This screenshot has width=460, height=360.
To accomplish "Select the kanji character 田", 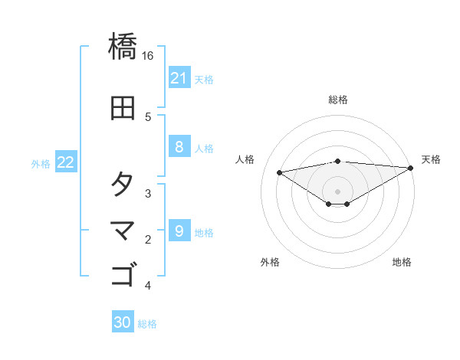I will click(x=123, y=108).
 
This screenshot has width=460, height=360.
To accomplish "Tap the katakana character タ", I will click(x=123, y=184).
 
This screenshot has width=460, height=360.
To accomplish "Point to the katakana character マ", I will click(x=123, y=229).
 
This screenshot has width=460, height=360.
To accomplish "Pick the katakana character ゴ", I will click(x=123, y=274).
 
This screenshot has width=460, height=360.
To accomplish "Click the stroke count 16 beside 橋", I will click(x=148, y=56).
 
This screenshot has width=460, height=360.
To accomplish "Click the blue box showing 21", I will click(x=179, y=78).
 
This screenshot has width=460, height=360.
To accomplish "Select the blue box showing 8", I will click(x=179, y=147).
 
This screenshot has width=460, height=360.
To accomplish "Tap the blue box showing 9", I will click(x=179, y=231).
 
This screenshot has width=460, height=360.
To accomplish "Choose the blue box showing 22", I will click(x=66, y=162).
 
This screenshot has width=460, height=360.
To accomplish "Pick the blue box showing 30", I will click(x=123, y=322).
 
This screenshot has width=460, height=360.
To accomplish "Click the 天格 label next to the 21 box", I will click(x=204, y=79).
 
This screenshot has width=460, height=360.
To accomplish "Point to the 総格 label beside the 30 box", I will click(x=147, y=324).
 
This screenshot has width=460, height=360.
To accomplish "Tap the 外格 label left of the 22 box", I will click(x=41, y=163).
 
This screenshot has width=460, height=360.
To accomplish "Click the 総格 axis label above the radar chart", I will click(x=338, y=100).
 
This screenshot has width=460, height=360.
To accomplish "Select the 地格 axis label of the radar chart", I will click(x=402, y=263).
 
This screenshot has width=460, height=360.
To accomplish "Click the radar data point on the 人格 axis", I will click(x=279, y=172).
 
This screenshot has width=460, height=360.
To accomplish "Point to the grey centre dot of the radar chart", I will click(x=338, y=191).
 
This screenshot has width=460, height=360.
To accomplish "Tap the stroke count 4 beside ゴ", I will click(x=148, y=286).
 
